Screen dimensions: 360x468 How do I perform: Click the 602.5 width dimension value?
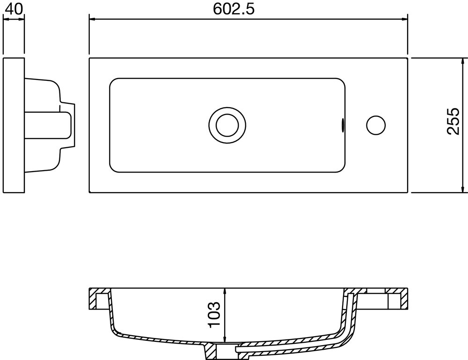[234, 9]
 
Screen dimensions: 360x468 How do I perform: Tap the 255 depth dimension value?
[453, 121]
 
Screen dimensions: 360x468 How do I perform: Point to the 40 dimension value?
[14, 9]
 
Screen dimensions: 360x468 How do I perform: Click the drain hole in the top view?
[227, 125]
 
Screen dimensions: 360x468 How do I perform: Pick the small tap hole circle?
[375, 125]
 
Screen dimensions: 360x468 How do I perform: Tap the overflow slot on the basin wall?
[344, 125]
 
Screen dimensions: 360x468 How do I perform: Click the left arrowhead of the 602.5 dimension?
[92, 19]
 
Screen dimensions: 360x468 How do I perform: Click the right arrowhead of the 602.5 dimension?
[405, 19]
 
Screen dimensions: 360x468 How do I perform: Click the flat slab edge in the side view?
[14, 125]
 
